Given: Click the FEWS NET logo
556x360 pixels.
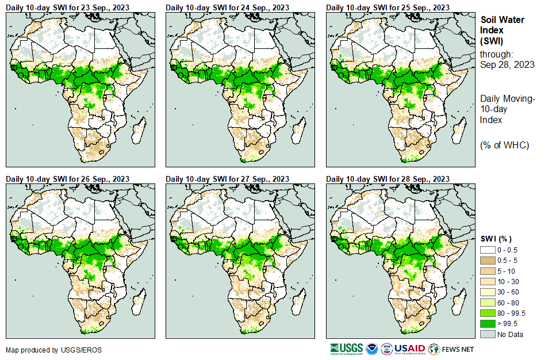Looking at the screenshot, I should point(451,349).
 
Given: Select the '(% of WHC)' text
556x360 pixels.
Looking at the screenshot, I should point(504,145).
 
